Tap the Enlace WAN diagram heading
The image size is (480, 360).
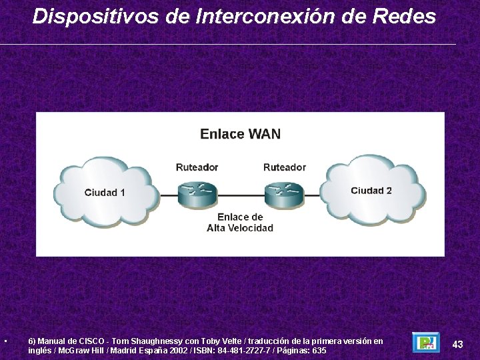(240, 134)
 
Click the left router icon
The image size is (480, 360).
(197, 193)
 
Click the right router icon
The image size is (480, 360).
(284, 193)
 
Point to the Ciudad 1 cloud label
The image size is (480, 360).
(105, 193)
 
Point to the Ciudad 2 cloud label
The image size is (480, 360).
(371, 191)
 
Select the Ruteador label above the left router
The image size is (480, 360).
(197, 167)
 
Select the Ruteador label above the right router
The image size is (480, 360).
(285, 167)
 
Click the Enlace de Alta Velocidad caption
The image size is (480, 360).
(240, 223)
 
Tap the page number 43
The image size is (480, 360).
(457, 344)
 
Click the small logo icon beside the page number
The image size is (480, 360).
(425, 343)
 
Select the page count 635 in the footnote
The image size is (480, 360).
(319, 351)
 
